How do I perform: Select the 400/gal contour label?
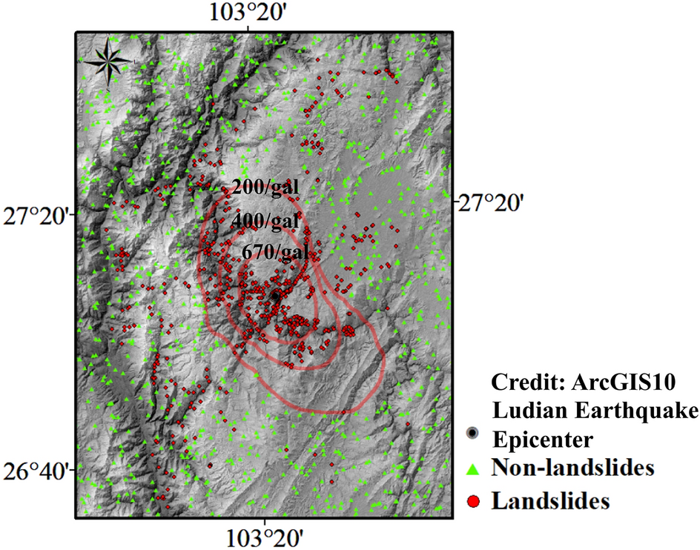click(265, 220)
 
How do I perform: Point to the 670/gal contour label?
click(275, 252)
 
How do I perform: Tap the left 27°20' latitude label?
click(37, 218)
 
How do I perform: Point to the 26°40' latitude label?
click(37, 471)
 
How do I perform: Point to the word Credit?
click(526, 382)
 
